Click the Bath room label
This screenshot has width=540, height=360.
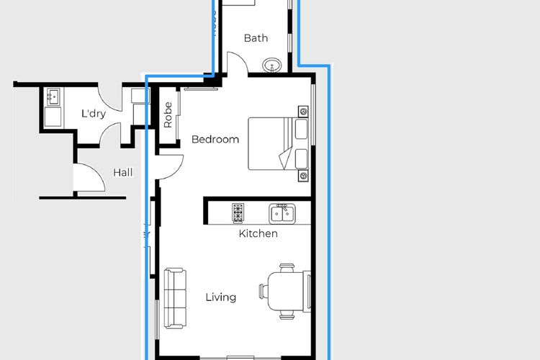pos(256,38)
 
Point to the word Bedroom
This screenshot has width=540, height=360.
pos(215,140)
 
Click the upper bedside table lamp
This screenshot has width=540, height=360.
pos(304,111)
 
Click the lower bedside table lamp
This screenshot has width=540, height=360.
pos(304,176)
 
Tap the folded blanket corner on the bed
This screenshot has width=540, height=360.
pos(286,158)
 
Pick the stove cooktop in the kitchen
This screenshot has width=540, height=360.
pos(238,212)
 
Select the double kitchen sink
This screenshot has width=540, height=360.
pos(281,212)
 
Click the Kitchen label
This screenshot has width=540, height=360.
pos(258,234)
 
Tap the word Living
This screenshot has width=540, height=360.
pos(220,297)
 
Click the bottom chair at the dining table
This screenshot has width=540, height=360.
pos(287,314)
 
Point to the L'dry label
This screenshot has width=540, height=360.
pos(93,114)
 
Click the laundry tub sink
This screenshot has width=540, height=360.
pos(53,96)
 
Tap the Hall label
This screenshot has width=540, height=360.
pos(122,173)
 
